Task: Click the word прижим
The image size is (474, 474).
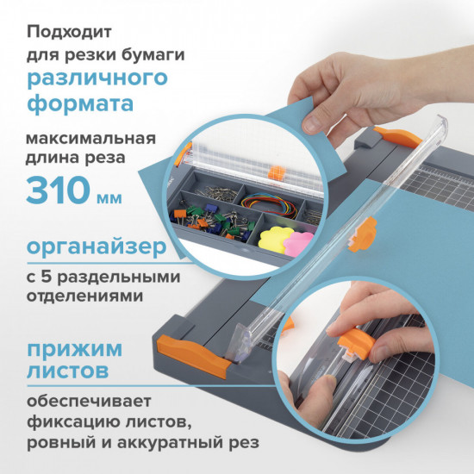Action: point(73,350)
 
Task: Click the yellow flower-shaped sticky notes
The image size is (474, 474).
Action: point(278,238)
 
